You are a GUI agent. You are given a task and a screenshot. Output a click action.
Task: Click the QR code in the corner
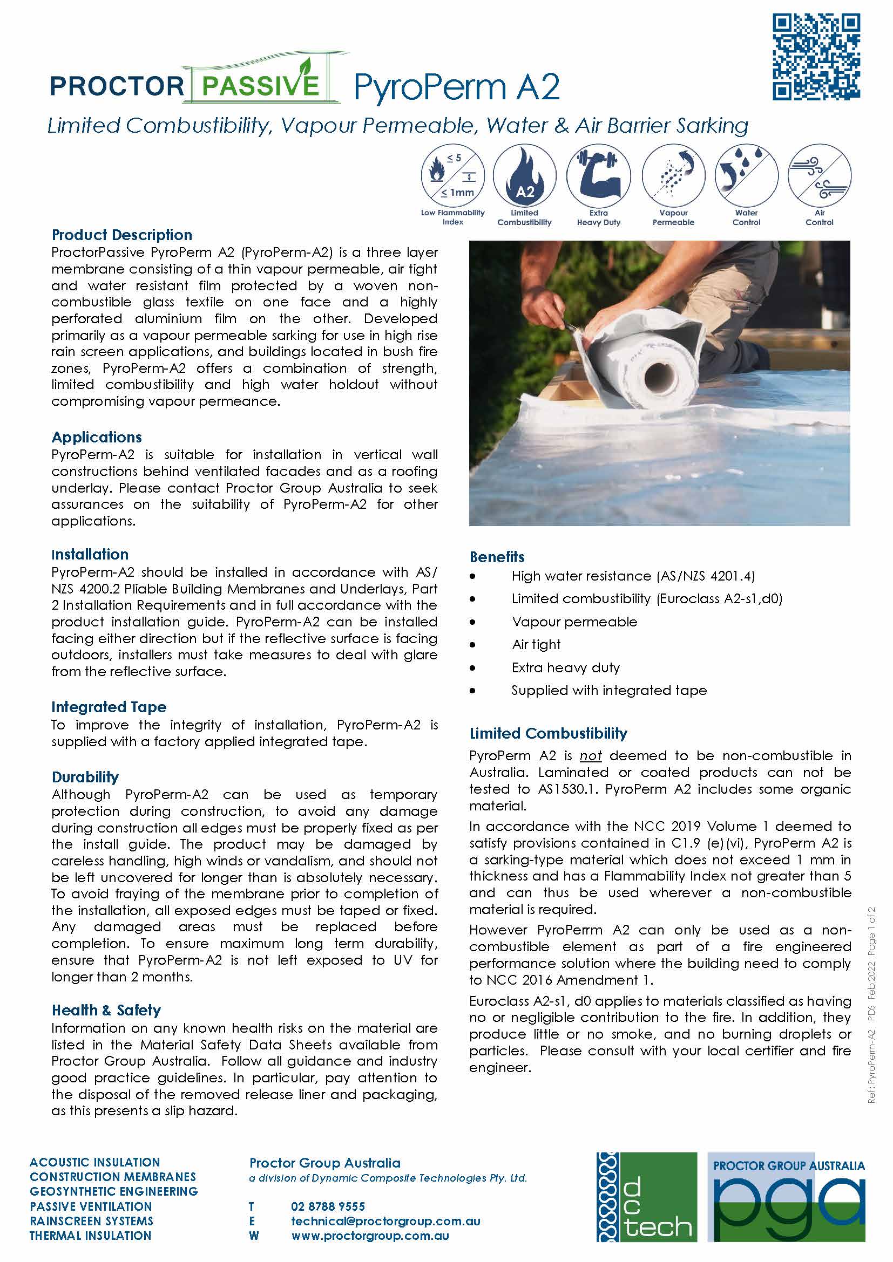coord(816,57)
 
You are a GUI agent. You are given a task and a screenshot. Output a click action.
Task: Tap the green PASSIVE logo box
coord(260,85)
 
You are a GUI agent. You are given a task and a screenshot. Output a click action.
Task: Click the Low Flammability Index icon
coord(452,176)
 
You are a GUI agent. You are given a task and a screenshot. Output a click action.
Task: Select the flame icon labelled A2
coord(525,176)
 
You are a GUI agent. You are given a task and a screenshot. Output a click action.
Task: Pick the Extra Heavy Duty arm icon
coord(598,176)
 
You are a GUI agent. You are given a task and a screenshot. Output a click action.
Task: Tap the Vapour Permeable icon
coord(673,176)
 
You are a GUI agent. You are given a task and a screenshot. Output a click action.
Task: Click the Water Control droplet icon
coord(746,176)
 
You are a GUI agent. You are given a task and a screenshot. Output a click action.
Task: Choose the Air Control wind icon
coord(820,176)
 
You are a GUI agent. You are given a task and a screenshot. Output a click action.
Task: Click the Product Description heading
coord(121,235)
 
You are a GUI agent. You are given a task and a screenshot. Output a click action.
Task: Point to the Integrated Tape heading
coord(109,707)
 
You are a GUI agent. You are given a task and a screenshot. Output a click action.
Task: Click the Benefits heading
coord(497,557)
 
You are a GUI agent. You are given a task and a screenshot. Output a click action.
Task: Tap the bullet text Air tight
coord(536,644)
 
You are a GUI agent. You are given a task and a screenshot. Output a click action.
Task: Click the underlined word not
coord(591,756)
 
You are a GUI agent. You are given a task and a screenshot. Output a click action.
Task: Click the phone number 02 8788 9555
coord(328,1206)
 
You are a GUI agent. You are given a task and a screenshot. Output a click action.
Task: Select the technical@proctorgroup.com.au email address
coord(385,1222)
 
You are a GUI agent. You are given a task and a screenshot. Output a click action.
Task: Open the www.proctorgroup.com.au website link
coord(369,1236)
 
